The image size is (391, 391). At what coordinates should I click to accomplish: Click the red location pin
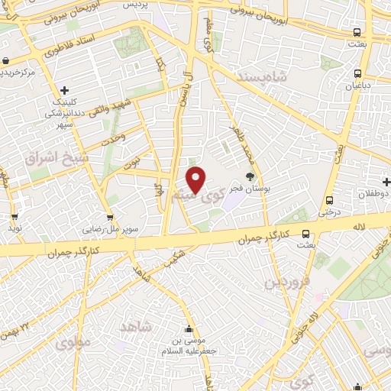tap(196, 179)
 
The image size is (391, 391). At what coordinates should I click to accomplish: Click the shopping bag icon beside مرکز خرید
tap(6, 61)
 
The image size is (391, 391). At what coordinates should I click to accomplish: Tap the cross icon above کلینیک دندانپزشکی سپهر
tap(65, 90)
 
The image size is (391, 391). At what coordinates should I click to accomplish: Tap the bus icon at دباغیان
tap(357, 74)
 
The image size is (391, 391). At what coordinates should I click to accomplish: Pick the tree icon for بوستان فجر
tap(250, 176)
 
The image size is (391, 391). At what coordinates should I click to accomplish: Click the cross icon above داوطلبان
tap(387, 183)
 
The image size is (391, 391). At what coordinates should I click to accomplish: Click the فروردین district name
tap(287, 283)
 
